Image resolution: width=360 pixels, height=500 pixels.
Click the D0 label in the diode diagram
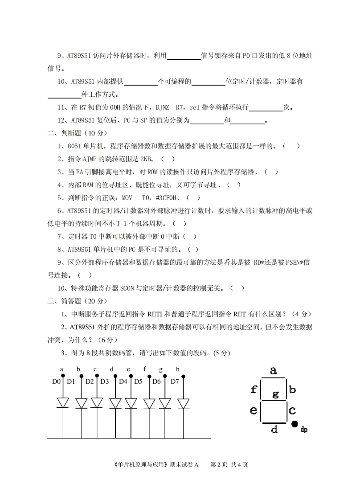[56, 381]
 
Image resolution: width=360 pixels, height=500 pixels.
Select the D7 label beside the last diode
[174, 381]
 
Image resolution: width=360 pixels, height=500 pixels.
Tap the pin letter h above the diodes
[178, 369]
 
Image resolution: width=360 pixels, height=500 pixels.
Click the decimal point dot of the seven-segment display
[295, 424]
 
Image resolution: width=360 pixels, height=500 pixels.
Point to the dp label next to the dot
[304, 430]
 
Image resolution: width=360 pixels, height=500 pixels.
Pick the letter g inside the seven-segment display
[275, 394]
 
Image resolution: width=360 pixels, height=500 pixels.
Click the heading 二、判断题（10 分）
[77, 133]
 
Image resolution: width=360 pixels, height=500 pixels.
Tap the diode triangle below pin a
[63, 403]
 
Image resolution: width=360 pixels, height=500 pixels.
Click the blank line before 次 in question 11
[266, 107]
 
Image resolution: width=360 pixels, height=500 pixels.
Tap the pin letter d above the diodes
[111, 369]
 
